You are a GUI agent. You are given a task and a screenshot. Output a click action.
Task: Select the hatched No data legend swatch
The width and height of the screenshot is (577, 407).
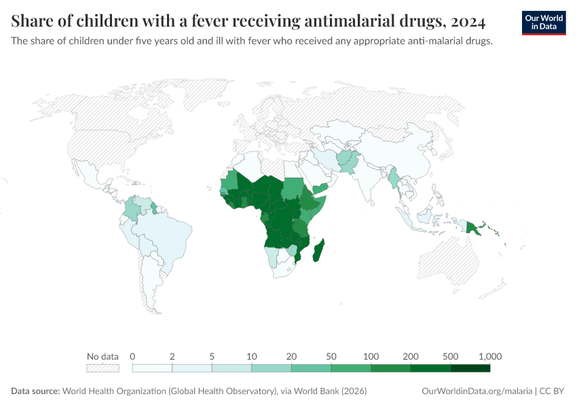pyautogui.click(x=103, y=368)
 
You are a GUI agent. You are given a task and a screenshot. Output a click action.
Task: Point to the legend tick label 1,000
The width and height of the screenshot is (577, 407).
pyautogui.click(x=489, y=356)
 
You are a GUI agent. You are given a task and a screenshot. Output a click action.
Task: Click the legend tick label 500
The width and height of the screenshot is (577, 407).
pyautogui.click(x=450, y=356)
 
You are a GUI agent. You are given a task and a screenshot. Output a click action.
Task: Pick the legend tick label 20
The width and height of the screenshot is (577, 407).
pyautogui.click(x=291, y=356)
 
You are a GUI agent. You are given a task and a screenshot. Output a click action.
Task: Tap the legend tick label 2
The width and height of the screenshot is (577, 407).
pyautogui.click(x=172, y=356)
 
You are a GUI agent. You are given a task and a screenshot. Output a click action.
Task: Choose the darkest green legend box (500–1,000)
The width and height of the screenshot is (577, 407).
pyautogui.click(x=470, y=368)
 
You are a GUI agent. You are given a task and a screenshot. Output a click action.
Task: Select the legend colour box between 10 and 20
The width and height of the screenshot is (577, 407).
pyautogui.click(x=272, y=368)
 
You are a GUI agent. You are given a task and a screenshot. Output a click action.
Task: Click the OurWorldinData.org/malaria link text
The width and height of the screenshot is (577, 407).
pyautogui.click(x=477, y=391)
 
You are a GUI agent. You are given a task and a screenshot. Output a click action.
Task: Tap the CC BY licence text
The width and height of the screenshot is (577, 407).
pyautogui.click(x=553, y=391)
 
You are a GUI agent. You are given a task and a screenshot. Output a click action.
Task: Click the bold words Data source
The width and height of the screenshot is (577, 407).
pyautogui.click(x=35, y=391)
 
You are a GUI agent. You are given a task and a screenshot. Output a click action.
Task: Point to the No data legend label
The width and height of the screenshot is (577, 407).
pyautogui.click(x=103, y=356)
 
